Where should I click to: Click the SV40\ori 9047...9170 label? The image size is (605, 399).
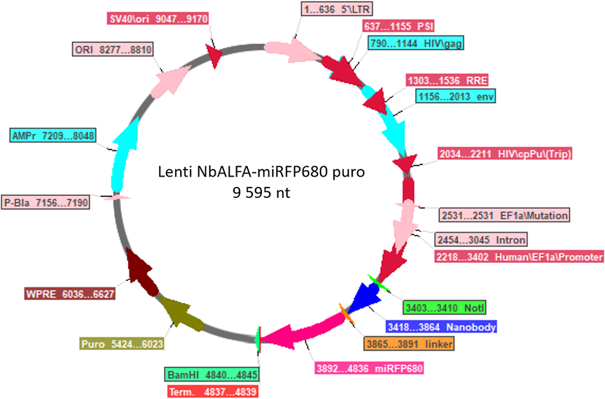pos(158,19)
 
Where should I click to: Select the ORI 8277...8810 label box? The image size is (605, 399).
pos(113,50)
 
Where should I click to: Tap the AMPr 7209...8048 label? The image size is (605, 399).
pos(53,135)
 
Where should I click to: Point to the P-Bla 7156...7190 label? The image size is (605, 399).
pos(46,202)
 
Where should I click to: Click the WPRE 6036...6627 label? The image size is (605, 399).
pos(70,294)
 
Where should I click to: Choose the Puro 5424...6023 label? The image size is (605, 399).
pos(122,344)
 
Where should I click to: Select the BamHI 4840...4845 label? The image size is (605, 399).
pos(212,375)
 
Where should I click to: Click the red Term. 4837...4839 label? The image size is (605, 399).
pos(212,392)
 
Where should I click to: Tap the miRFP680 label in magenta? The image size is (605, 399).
pos(369,368)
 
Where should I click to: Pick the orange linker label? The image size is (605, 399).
pos(409,344)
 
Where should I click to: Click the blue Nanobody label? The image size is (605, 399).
pos(442,327)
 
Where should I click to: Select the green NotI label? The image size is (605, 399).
pos(445,308)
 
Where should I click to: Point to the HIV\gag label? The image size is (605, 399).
pos(416,43)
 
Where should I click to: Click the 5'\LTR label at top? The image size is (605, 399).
pos(337,9)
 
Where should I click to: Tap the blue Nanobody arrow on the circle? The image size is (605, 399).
pos(364,295)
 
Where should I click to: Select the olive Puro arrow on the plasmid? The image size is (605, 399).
pos(180,314)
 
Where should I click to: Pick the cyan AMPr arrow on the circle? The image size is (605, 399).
pos(124,155)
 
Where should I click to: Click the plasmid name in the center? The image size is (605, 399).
pos(261,171)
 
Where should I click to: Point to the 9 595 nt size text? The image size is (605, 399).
pos(261,192)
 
